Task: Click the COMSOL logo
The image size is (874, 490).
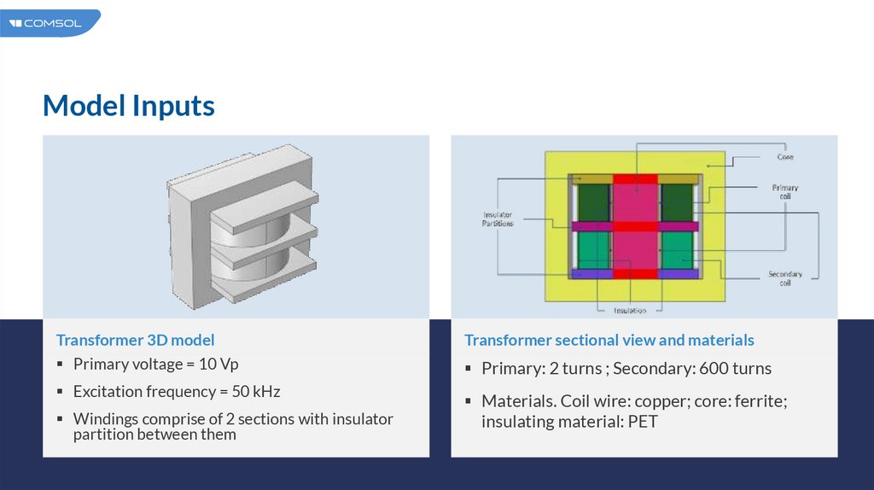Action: [x=47, y=23]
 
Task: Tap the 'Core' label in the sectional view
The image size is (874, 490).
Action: [x=785, y=157]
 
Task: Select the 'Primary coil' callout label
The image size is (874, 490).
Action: [x=785, y=191]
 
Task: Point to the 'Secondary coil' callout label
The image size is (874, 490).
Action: [x=784, y=278]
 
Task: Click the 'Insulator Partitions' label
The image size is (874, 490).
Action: [x=498, y=219]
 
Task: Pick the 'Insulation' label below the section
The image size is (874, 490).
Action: [x=629, y=310]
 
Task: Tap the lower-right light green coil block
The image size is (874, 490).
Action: [x=680, y=250]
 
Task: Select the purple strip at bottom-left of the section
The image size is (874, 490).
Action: [x=591, y=274]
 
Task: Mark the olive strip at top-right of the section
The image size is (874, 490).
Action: [x=679, y=178]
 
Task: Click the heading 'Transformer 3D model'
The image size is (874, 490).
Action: [x=136, y=340]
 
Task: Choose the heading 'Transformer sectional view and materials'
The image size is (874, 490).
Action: [x=609, y=340]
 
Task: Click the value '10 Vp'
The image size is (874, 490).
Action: [x=218, y=365]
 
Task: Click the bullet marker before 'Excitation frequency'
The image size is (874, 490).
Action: [x=60, y=392]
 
